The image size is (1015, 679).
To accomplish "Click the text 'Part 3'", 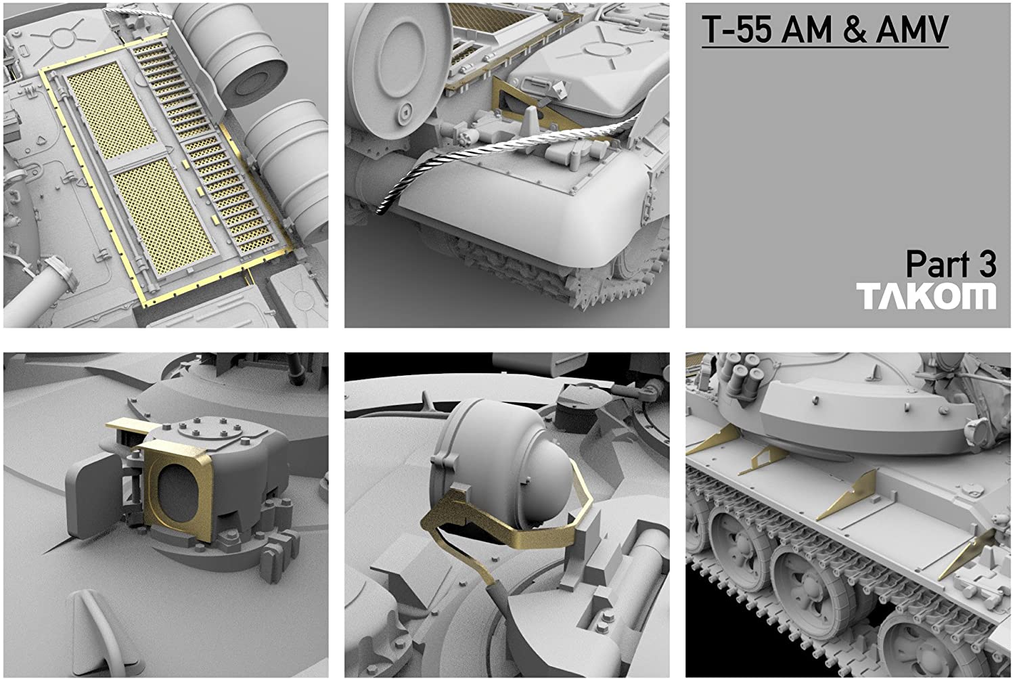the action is tap(951, 264).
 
